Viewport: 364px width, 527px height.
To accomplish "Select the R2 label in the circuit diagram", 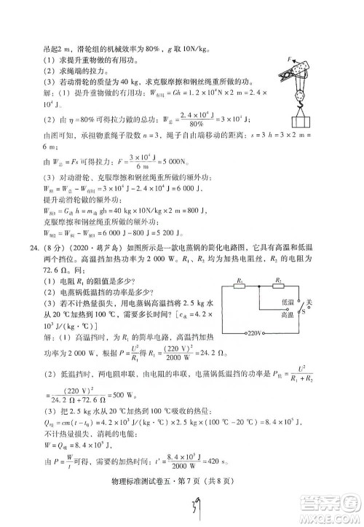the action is (278, 278).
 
